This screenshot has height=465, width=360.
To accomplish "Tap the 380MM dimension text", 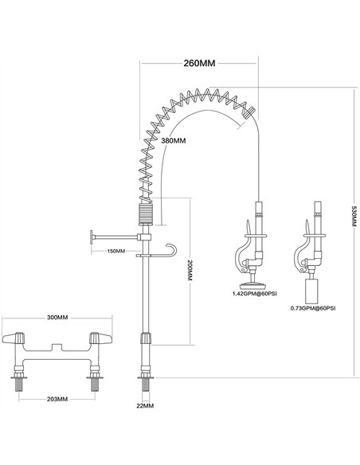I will (x=173, y=140).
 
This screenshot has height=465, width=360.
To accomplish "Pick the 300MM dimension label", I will (x=56, y=317).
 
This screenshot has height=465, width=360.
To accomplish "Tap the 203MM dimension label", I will (x=56, y=399).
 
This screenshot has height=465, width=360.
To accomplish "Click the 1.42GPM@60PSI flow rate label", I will (x=253, y=295).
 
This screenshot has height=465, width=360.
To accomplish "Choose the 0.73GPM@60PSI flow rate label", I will (x=313, y=307).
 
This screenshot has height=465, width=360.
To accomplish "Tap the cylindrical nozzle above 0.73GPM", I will (x=314, y=286).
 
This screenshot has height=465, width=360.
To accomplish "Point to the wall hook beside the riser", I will (x=168, y=250).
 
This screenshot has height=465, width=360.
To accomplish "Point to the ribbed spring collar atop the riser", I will (x=144, y=213).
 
